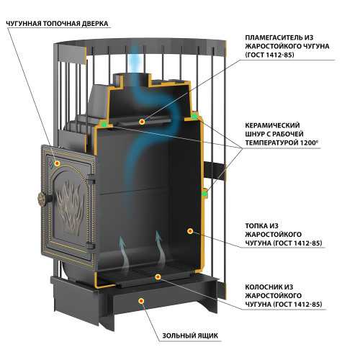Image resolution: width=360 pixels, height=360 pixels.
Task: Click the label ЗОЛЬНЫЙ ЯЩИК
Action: tap(190, 336)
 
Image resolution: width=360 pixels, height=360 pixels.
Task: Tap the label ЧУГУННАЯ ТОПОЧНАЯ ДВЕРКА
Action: tap(57, 24)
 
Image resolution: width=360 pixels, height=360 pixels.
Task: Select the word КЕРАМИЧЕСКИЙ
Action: tap(272, 125)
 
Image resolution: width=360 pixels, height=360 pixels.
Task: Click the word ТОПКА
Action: tap(256, 226)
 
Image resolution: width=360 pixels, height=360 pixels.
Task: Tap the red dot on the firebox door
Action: tap(57, 163)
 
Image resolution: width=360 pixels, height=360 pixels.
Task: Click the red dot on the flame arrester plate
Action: tap(142, 122)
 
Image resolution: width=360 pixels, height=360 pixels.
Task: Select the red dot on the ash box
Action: tap(142, 301)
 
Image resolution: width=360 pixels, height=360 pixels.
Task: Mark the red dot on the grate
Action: tap(158, 276)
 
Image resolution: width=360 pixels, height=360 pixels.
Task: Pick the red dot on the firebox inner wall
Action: tap(190, 231)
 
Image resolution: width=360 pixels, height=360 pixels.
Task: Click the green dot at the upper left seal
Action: tap(104, 124)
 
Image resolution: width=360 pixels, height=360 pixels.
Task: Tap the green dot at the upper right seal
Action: tap(194, 117)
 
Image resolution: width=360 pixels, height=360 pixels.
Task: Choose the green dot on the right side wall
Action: tap(204, 194)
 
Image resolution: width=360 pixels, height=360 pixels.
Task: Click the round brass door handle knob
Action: tap(42, 199)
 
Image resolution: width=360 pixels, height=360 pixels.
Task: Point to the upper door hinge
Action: tap(91, 179)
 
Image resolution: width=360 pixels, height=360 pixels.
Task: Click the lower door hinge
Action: tap(91, 246)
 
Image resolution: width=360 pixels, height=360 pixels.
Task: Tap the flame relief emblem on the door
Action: tap(70, 207)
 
